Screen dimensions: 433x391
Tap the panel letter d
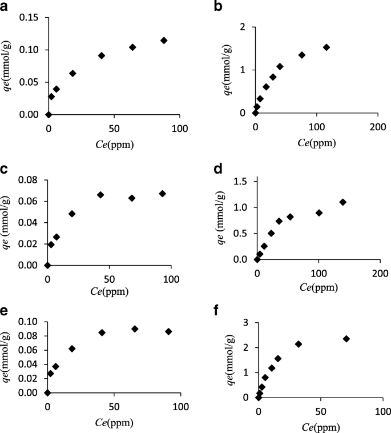pos(217,170)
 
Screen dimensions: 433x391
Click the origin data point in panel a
pos(49,115)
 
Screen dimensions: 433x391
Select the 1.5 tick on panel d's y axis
pos(240,181)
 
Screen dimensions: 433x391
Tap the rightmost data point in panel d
pos(343,202)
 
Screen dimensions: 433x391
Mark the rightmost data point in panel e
pos(168,331)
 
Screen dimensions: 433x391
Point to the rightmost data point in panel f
pos(346,339)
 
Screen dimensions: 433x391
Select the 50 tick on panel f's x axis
pos(320,411)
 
